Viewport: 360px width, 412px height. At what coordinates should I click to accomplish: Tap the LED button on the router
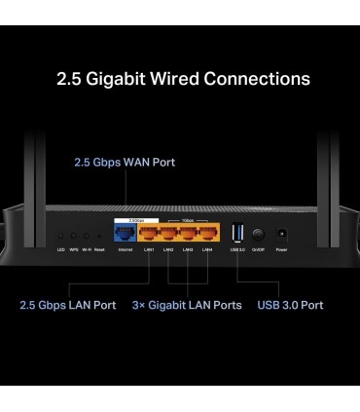point(60,237)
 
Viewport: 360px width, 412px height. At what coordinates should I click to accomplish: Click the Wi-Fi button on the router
point(86,237)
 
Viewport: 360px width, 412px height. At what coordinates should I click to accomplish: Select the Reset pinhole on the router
point(98,237)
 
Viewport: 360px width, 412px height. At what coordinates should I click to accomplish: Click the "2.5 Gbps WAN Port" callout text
point(126,162)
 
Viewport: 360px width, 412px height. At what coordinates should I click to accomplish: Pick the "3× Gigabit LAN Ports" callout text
point(187,305)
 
